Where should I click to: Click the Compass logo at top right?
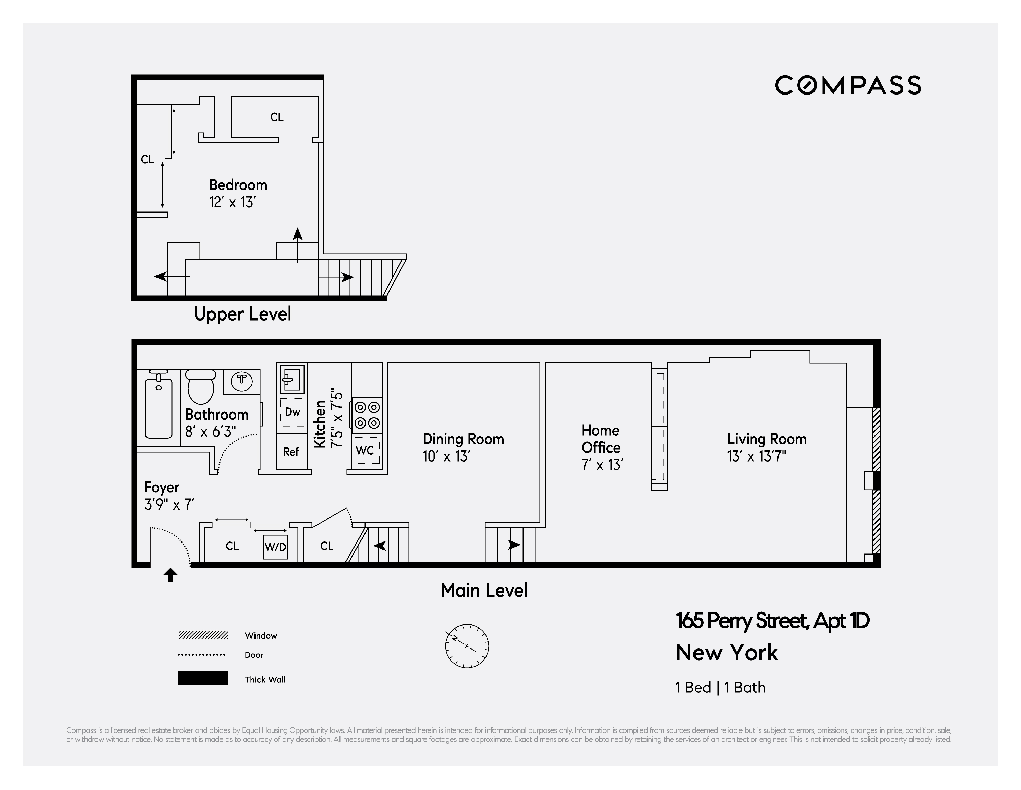tap(848, 85)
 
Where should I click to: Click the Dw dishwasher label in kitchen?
tap(292, 412)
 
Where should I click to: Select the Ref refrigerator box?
tap(291, 451)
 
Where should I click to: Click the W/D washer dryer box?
tap(275, 547)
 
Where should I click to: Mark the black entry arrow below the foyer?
tap(170, 575)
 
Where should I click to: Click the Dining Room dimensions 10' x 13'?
tap(446, 456)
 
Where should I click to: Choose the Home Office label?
tap(601, 439)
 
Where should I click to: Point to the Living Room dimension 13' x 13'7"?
tap(756, 456)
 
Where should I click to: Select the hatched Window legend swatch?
tap(203, 635)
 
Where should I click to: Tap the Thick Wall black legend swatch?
tap(203, 678)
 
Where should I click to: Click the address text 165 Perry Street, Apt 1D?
tap(772, 621)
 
